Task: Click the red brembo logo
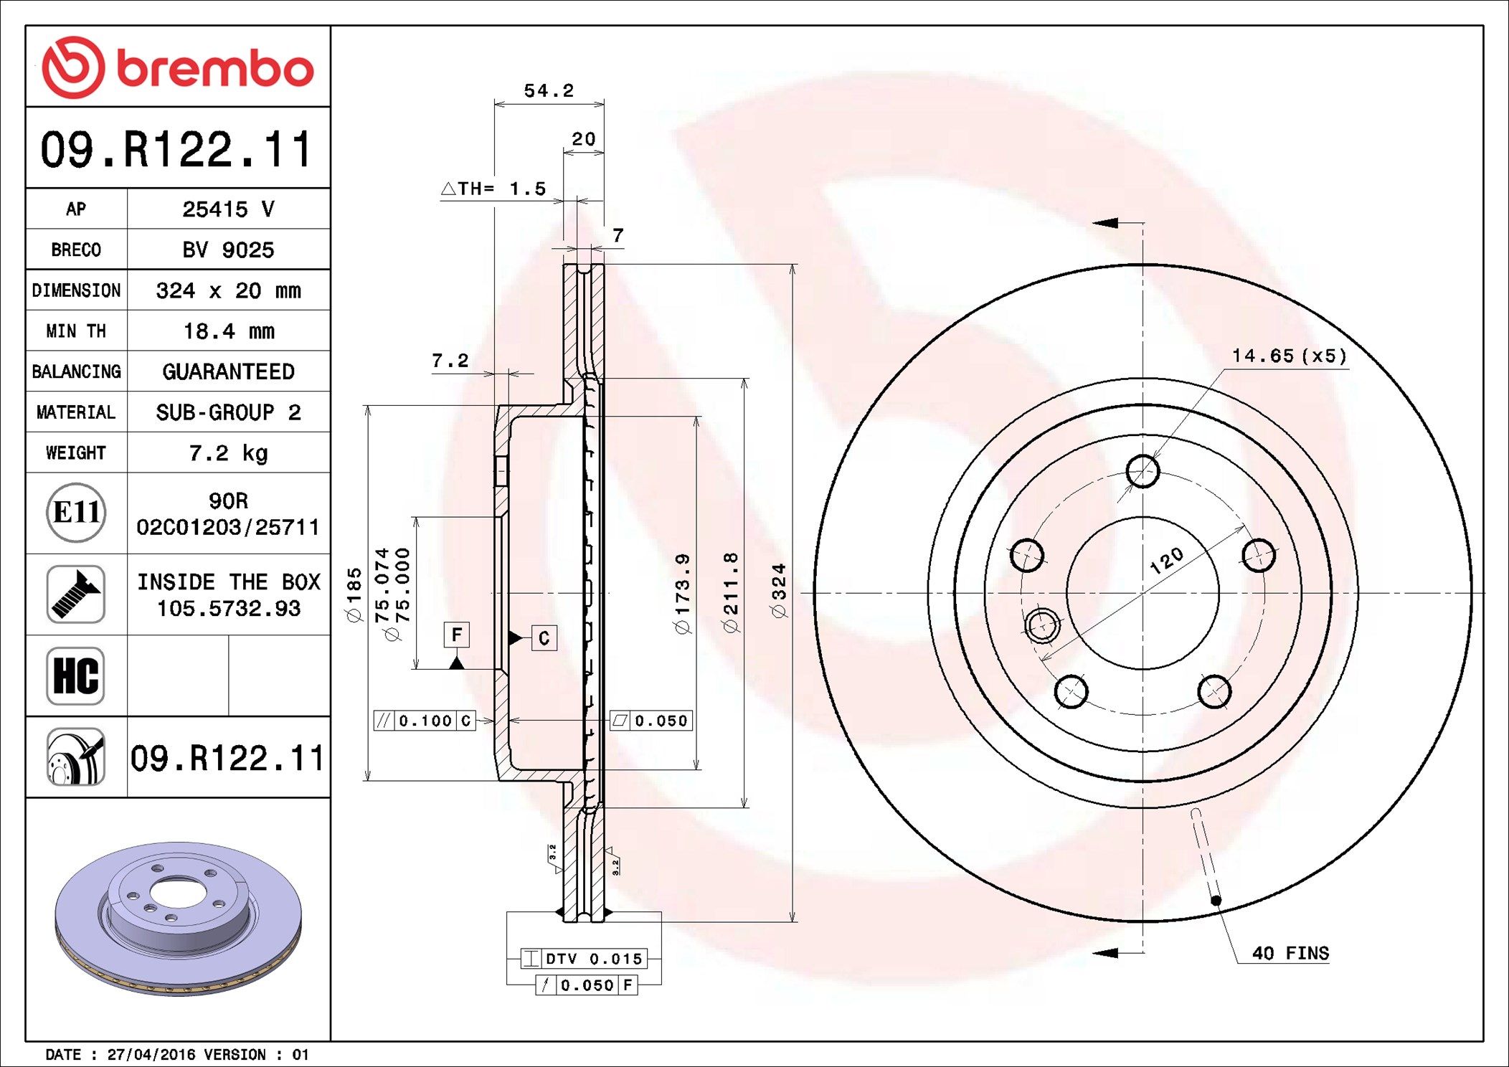[x=178, y=67]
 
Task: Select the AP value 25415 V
[x=228, y=209]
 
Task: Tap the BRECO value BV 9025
[x=228, y=250]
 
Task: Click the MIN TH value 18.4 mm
[x=229, y=331]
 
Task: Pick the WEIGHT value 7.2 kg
[x=229, y=453]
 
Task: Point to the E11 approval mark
[x=76, y=512]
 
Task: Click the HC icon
[x=75, y=675]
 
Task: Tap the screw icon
[x=75, y=594]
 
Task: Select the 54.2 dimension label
[x=549, y=91]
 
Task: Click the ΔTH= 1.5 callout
[x=493, y=189]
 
